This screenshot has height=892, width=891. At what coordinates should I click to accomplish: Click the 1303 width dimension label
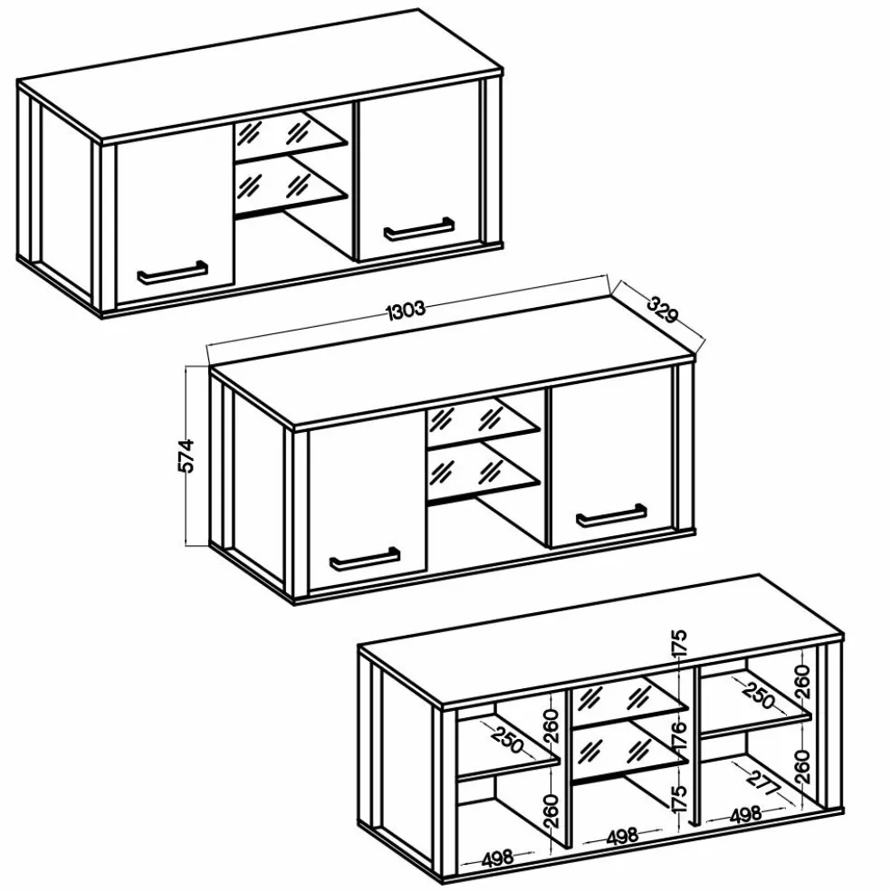click(x=406, y=310)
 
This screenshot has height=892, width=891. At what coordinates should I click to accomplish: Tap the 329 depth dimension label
click(x=662, y=308)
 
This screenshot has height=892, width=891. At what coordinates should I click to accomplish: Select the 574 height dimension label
click(x=187, y=456)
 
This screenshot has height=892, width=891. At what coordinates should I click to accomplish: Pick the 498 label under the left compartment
click(x=497, y=858)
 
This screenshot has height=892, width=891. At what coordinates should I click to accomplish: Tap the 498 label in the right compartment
click(x=745, y=815)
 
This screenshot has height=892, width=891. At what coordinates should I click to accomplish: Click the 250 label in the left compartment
click(x=507, y=739)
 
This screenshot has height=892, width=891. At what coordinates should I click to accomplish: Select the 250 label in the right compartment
click(x=759, y=695)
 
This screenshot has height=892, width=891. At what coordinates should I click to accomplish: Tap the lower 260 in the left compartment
click(x=551, y=810)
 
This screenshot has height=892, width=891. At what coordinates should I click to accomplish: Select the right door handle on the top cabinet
click(x=418, y=228)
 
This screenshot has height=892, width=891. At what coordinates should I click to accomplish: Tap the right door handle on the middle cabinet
click(x=611, y=515)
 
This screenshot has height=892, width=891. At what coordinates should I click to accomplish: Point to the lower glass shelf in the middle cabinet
click(x=483, y=471)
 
